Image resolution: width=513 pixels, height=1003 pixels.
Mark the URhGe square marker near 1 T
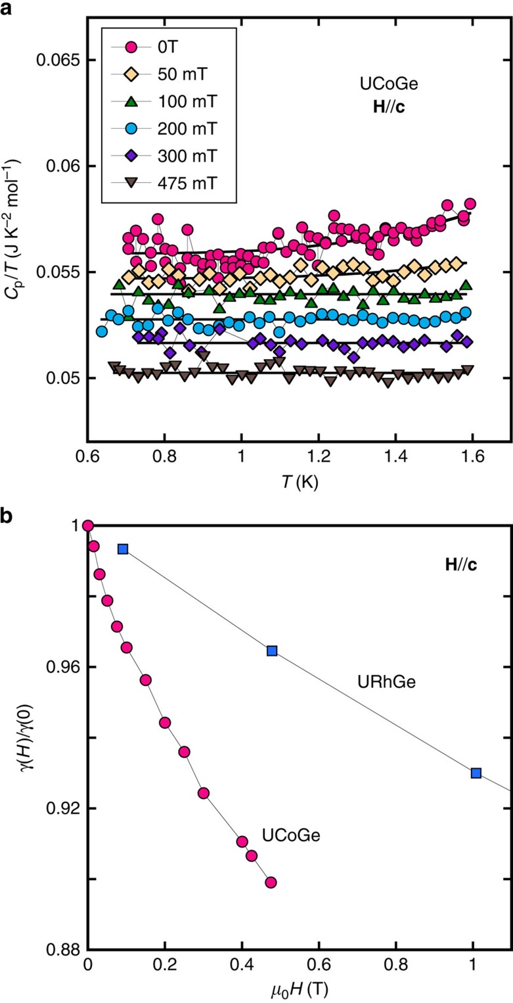click(x=476, y=772)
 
